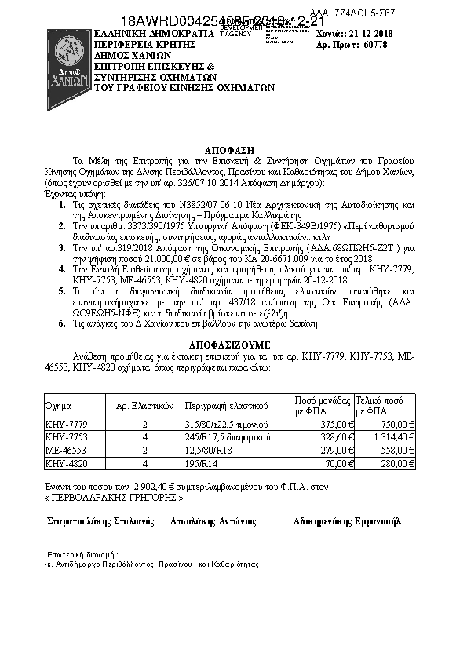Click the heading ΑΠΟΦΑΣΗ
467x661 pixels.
[232, 148]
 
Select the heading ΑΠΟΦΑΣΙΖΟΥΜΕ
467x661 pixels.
[233, 344]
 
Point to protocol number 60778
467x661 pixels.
[378, 46]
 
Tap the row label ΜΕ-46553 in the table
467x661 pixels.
[67, 451]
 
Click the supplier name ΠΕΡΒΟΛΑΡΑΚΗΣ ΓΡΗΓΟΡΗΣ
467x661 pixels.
[116, 498]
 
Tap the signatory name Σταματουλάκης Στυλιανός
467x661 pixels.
[99, 521]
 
